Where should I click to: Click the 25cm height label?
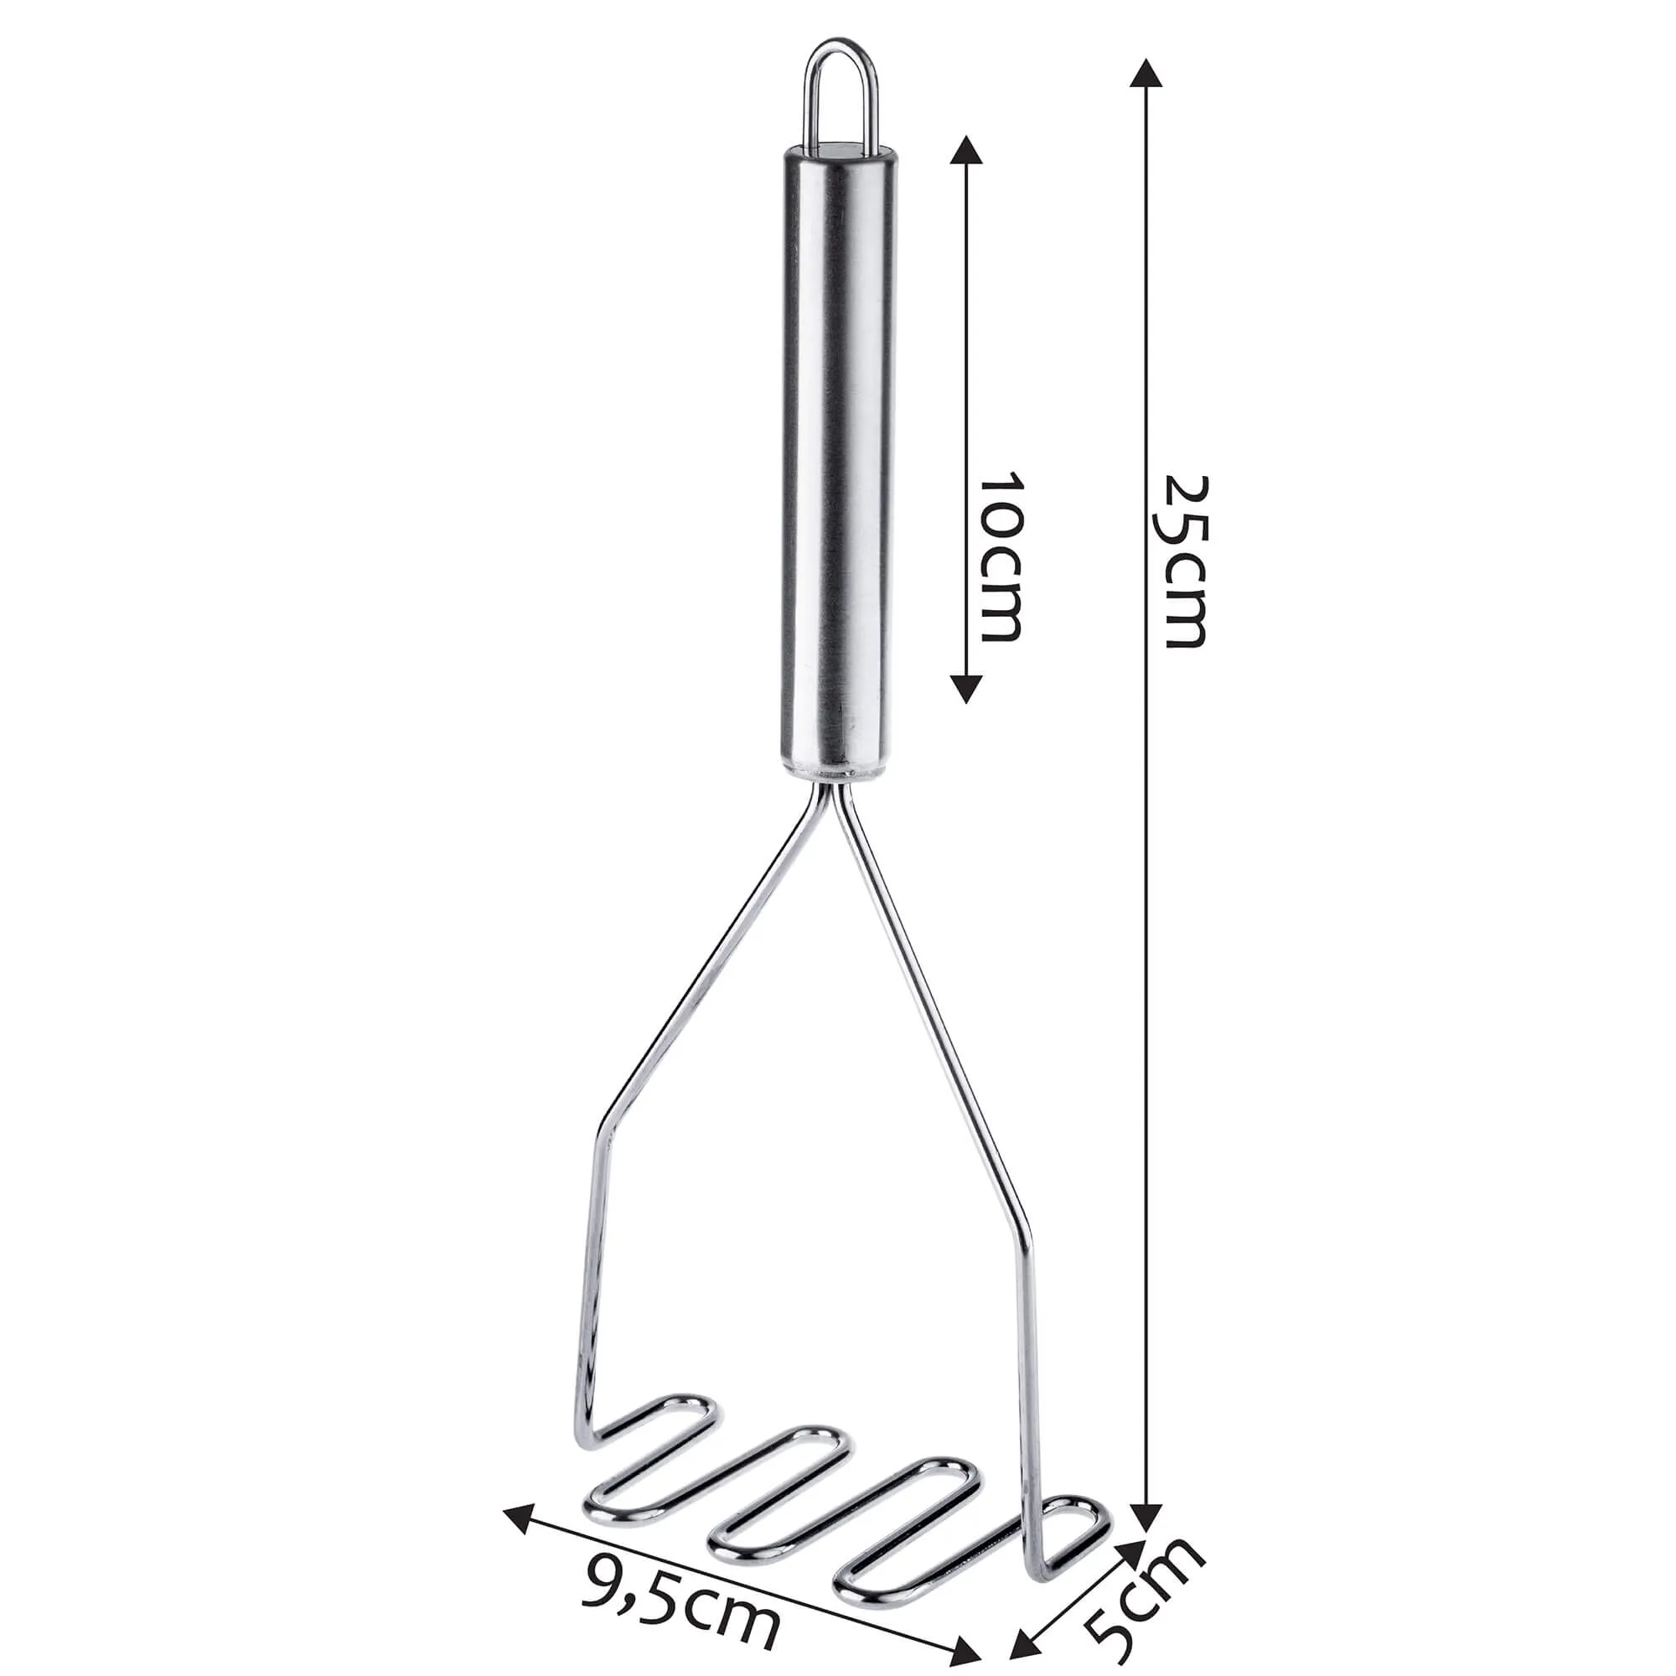click(1183, 561)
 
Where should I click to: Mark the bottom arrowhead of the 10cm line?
click(966, 689)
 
